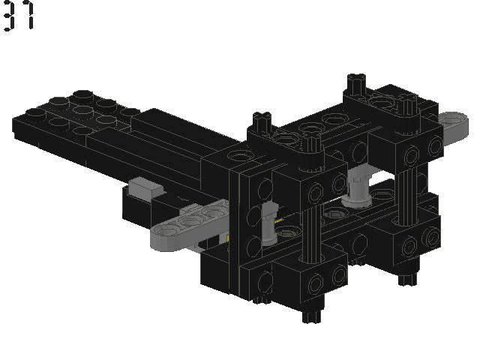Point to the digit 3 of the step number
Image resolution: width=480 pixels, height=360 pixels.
point(10,16)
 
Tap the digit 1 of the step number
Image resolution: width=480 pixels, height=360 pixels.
point(29,16)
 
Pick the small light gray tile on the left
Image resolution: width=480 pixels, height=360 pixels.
point(145,187)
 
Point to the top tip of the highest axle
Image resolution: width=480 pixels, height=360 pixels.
point(357,78)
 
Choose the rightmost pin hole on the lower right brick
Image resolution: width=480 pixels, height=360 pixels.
point(430,239)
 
